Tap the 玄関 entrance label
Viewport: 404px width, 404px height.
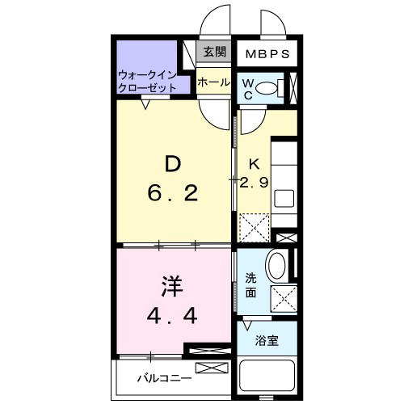[x=214, y=53]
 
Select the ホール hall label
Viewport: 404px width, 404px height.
[x=213, y=82]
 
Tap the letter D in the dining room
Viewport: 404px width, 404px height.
[x=172, y=164]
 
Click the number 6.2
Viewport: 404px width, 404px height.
[x=172, y=195]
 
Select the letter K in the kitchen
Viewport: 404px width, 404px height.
[x=253, y=161]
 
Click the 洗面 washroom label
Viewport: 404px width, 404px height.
[x=251, y=285]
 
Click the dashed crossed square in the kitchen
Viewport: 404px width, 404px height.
[x=254, y=227]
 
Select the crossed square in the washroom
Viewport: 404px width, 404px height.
[x=283, y=298]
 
